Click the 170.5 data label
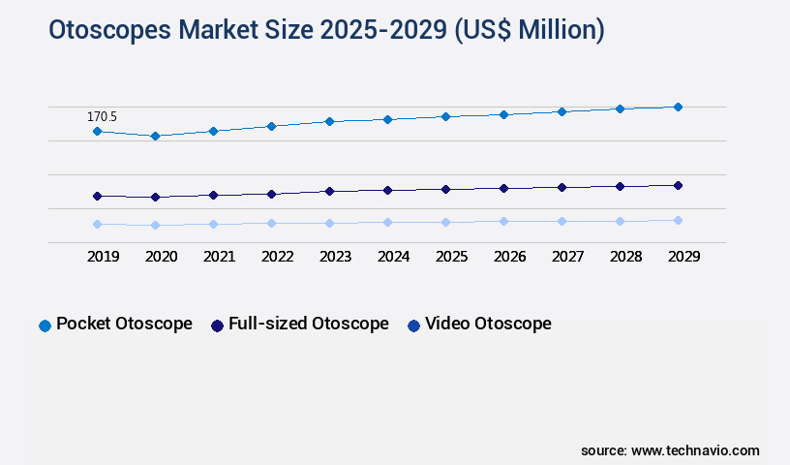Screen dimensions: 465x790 coord(102,116)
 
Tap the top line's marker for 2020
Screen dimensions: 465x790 coord(155,136)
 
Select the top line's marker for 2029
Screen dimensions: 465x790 coord(678,107)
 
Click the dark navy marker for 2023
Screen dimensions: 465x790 coord(329,191)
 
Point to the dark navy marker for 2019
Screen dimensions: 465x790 coord(97,196)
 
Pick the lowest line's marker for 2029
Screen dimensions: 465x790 coord(678,220)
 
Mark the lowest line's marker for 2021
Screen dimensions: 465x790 coord(213,224)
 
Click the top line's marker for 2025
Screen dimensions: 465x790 coord(445,116)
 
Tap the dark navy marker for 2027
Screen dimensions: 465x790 coord(562,187)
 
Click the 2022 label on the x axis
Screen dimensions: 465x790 coord(277,257)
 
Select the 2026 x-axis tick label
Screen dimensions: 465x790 coord(509,257)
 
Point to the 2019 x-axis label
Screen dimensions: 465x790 coord(103,257)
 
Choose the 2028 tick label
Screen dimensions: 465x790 coord(625,257)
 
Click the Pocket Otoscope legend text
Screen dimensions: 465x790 coord(124,324)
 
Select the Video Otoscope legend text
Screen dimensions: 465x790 coord(488,324)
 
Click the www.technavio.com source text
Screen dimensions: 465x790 coord(695,450)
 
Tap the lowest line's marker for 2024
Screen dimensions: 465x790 coord(387,222)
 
